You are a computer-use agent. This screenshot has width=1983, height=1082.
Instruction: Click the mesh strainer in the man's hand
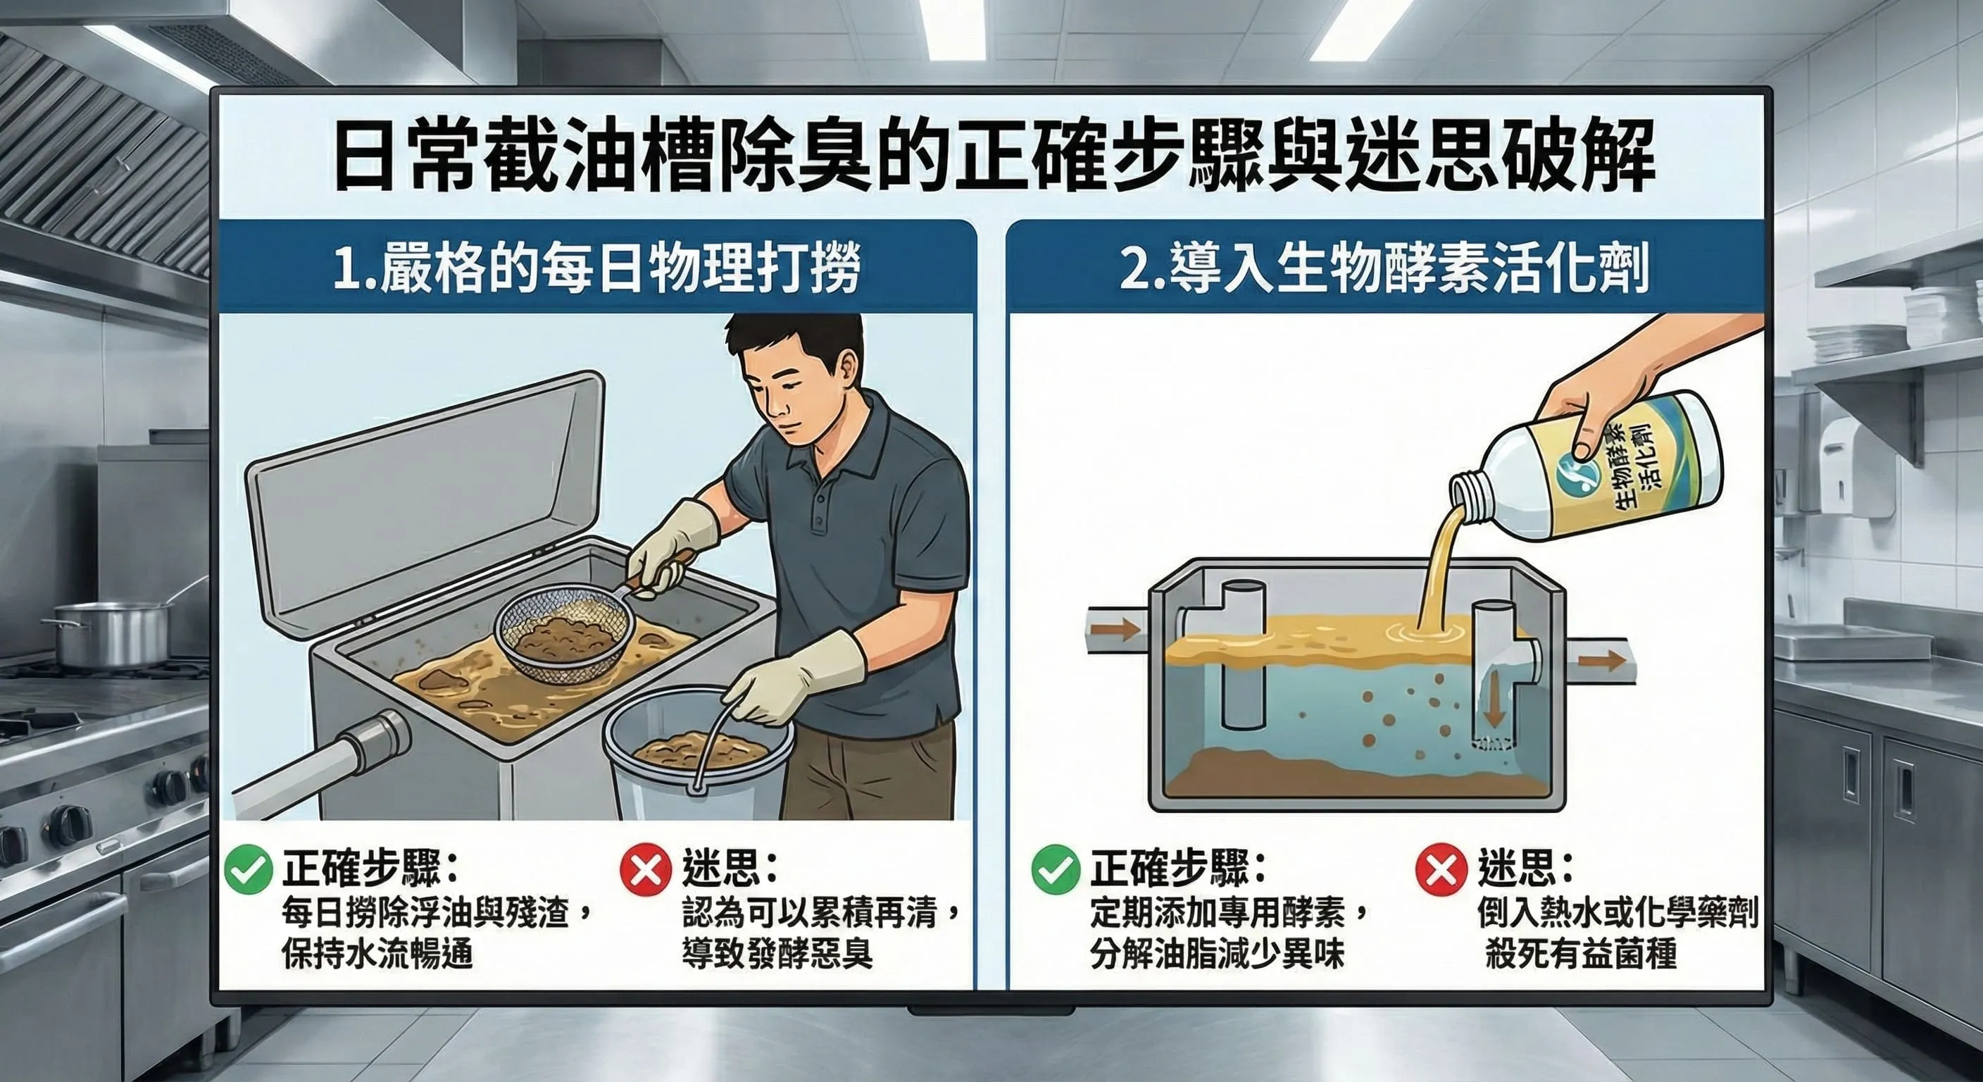pos(565,634)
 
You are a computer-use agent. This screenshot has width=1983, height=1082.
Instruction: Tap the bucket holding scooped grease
pos(696,759)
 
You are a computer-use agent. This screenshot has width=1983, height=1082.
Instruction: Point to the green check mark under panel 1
pos(249,869)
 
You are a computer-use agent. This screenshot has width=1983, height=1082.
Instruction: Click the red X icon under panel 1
pos(645,869)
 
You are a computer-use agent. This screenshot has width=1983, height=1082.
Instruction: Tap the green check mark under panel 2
pos(1056,869)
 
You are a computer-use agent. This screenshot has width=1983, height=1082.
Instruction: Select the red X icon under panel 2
pos(1440,869)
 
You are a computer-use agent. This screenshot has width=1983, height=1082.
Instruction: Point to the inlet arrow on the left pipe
pos(1117,629)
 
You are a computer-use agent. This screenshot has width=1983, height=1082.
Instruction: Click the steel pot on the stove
pos(112,633)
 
